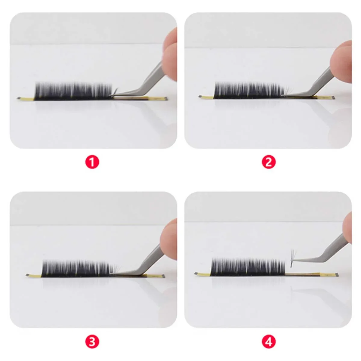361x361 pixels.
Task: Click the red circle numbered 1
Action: [x=92, y=162]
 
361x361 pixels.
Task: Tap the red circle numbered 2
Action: [x=269, y=162]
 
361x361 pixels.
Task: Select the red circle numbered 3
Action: [x=92, y=342]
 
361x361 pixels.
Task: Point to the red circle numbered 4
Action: [x=269, y=342]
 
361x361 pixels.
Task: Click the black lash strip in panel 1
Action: [x=74, y=91]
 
